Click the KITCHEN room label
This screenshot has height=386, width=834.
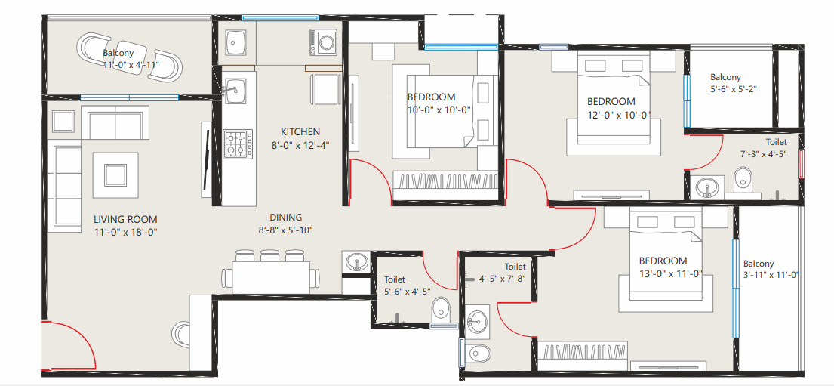click(x=300, y=131)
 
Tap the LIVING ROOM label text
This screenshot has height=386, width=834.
click(x=125, y=220)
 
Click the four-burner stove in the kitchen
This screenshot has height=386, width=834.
click(x=238, y=144)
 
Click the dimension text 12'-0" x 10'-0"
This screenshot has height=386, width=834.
click(x=611, y=116)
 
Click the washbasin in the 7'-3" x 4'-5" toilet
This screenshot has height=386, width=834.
click(x=707, y=185)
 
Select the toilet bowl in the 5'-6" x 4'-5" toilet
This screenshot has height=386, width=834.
click(x=441, y=307)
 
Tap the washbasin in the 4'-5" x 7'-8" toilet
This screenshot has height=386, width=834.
click(x=477, y=323)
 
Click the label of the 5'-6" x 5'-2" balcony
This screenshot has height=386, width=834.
click(x=725, y=77)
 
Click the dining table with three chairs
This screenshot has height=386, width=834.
click(x=271, y=275)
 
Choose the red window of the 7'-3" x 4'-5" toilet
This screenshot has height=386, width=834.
click(x=801, y=163)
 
